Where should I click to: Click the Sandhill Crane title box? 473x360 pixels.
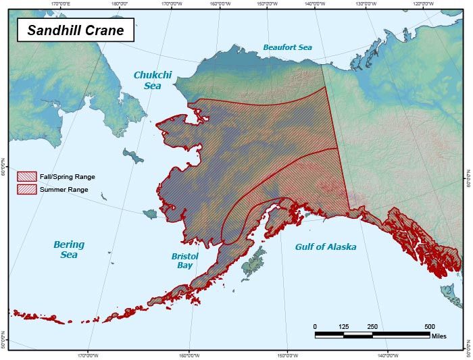pyautogui.click(x=75, y=31)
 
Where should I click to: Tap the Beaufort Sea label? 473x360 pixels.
pyautogui.click(x=287, y=47)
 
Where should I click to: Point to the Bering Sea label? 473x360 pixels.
pyautogui.click(x=69, y=249)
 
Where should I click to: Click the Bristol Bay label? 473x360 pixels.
pyautogui.click(x=184, y=261)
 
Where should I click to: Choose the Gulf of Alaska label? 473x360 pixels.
pyautogui.click(x=325, y=247)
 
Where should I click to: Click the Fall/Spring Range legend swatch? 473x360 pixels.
pyautogui.click(x=26, y=176)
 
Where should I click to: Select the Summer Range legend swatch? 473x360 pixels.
pyautogui.click(x=26, y=190)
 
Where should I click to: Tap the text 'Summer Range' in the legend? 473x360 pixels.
pyautogui.click(x=64, y=190)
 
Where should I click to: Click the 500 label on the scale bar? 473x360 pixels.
pyautogui.click(x=430, y=327)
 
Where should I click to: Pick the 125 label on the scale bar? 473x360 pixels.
pyautogui.click(x=343, y=327)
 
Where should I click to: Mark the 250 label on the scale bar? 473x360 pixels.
pyautogui.click(x=372, y=327)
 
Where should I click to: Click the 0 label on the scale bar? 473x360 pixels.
pyautogui.click(x=315, y=327)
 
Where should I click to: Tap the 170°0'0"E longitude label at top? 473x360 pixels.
pyautogui.click(x=61, y=3)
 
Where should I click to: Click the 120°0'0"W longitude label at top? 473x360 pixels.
pyautogui.click(x=423, y=3)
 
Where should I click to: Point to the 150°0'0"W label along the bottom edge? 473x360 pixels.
pyautogui.click(x=288, y=355)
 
